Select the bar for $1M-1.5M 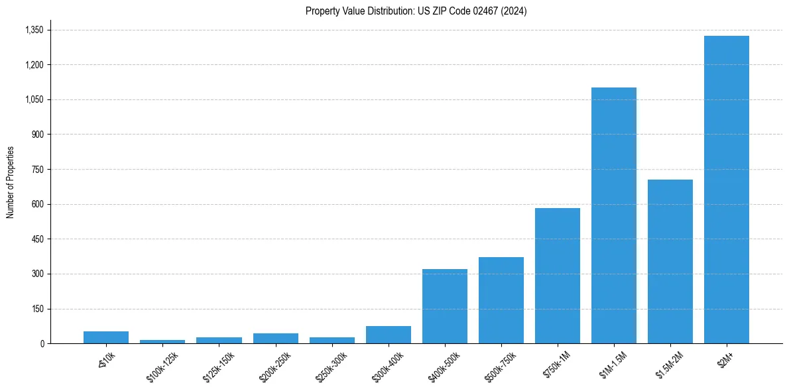coord(613,215)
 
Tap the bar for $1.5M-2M coord(670,261)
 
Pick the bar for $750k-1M coord(557,276)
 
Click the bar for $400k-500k coord(444,306)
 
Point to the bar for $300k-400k coord(388,335)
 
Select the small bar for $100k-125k coord(162,341)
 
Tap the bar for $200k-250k coord(275,338)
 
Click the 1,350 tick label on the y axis coord(34,30)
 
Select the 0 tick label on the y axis coord(41,343)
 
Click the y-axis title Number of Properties coord(10,182)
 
